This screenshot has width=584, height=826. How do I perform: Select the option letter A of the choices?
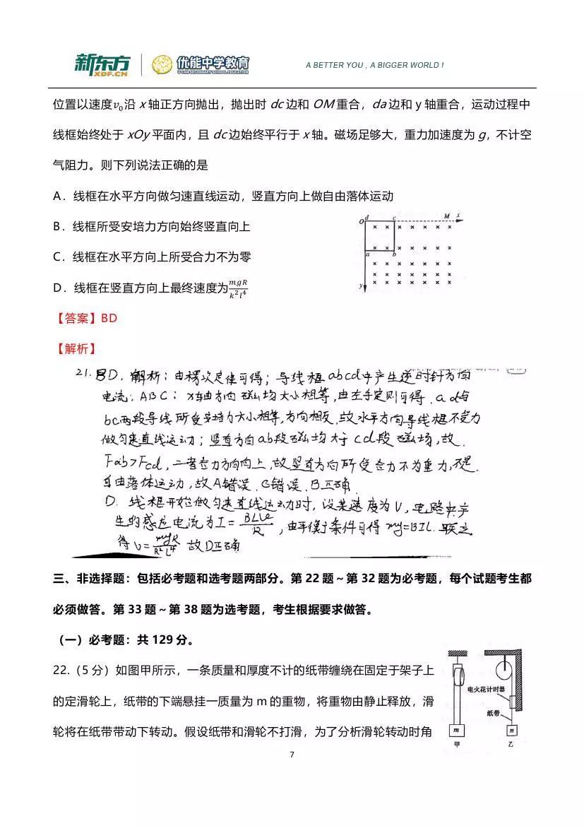pos(58,196)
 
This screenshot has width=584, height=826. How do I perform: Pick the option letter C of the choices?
pos(58,257)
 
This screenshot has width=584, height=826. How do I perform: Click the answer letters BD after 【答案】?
pos(109,319)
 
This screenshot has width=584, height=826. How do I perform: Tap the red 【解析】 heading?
pos(74,348)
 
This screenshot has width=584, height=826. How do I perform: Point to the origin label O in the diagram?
pos(361,223)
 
